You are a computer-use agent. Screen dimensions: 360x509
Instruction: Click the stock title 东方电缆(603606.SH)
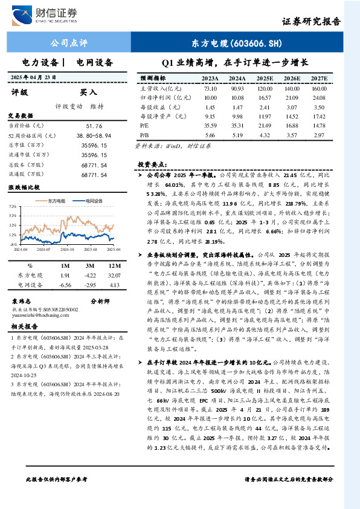pos(237,44)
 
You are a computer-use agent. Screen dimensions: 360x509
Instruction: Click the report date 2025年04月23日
pos(42,78)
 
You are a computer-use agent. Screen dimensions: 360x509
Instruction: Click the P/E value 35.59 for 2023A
pos(210,125)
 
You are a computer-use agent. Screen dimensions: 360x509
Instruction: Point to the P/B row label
pos(144,135)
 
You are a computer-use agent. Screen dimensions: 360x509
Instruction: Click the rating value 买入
pos(89,92)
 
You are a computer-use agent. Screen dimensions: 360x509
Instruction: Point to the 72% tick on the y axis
pos(13,207)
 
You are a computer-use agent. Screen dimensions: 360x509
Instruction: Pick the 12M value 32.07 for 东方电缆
pos(113,274)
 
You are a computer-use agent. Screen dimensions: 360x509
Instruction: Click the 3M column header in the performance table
pos(89,265)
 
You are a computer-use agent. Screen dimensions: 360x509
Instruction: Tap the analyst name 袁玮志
pos(22,300)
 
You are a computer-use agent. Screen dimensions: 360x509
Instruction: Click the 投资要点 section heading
pos(152,164)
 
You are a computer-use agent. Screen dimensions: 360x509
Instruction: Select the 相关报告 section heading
pos(24,326)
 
